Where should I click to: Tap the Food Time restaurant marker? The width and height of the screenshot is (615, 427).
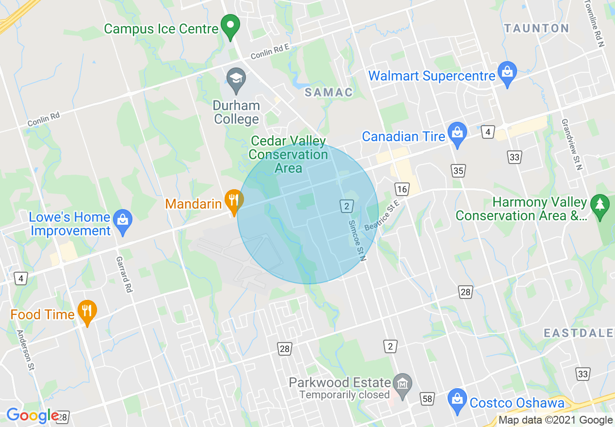coord(87,312)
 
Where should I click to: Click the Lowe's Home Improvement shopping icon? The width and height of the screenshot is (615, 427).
coord(123,222)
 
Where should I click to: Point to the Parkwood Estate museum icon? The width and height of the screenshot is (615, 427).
coord(403,384)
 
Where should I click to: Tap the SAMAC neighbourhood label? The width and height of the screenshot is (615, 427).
coord(328,92)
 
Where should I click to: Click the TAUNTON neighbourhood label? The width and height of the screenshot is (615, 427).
coord(536,29)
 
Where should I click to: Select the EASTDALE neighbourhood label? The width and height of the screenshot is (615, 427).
coord(578,333)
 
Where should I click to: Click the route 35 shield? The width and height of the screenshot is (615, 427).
coord(458,170)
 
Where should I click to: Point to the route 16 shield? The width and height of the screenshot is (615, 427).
coord(402,189)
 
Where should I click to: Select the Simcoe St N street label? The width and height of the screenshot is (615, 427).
coord(356,241)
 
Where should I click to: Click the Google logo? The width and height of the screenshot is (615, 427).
coord(32,416)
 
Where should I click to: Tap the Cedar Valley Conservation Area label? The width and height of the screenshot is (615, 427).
coord(288,154)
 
